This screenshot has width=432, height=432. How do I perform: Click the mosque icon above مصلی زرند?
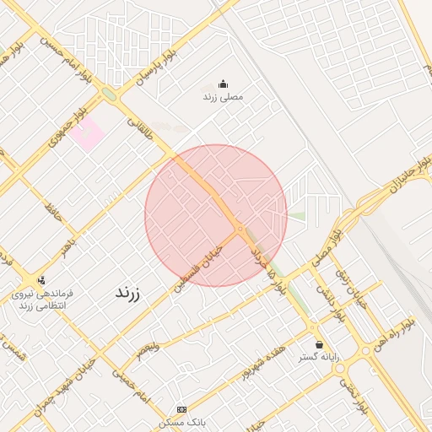223,84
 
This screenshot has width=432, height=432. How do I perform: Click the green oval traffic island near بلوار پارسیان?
110,95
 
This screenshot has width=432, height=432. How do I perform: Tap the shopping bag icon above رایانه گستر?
319,344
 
